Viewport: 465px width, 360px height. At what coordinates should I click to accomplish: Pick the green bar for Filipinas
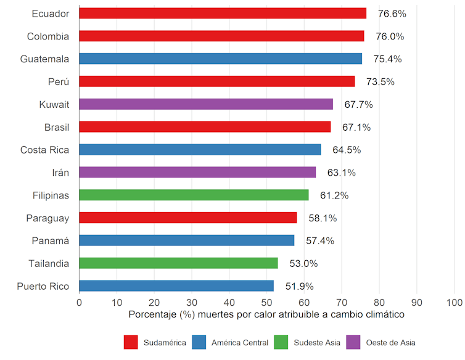point(194,195)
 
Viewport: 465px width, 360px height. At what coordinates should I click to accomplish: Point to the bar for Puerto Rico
point(176,286)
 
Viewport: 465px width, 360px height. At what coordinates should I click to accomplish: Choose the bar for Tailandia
point(178,263)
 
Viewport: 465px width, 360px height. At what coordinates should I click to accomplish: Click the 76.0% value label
point(390,36)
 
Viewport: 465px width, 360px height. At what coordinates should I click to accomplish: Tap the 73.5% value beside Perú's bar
point(381,81)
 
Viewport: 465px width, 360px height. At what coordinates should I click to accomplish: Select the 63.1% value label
point(342,173)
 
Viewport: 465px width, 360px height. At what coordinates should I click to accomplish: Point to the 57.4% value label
point(320,240)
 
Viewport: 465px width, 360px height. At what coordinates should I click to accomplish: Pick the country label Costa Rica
point(44,150)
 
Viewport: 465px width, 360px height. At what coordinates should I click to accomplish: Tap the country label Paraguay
point(47,218)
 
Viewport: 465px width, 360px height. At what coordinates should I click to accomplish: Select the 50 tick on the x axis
point(266,302)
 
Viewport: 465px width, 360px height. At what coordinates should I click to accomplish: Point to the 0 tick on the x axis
point(79,302)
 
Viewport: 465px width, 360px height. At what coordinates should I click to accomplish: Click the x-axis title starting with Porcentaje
point(266,314)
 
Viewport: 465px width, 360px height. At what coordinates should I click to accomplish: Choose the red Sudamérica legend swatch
point(131,342)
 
